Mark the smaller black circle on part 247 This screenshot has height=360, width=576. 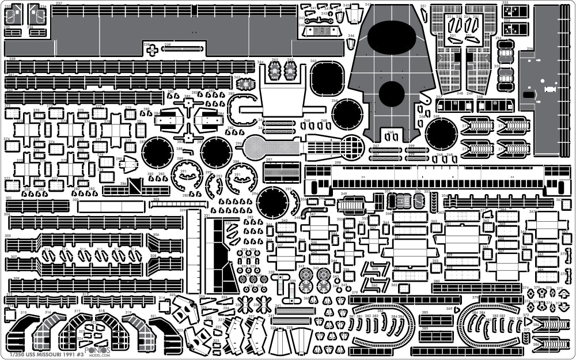pos(392,93)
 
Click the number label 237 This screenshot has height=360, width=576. pos(59,3)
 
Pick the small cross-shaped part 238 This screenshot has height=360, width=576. pos(151,50)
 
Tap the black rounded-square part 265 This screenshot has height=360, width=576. pos(327,78)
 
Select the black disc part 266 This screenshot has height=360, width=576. pos(347,114)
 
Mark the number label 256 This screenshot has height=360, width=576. pos(529,48)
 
